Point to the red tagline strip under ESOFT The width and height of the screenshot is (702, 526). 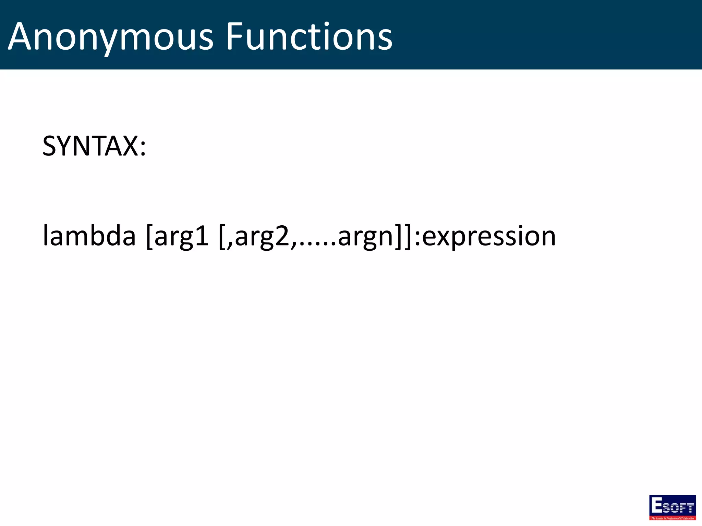click(x=673, y=518)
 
